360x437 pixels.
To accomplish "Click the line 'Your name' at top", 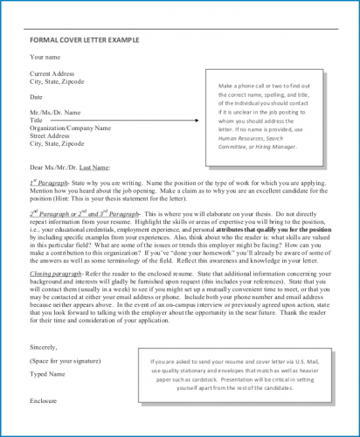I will coord(45,58).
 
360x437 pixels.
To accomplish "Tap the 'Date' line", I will coord(37,96).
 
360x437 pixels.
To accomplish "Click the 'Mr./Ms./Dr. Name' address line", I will coord(55,112).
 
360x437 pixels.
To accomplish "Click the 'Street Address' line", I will coord(52,135).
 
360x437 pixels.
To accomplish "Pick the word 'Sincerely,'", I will coord(45,346).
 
